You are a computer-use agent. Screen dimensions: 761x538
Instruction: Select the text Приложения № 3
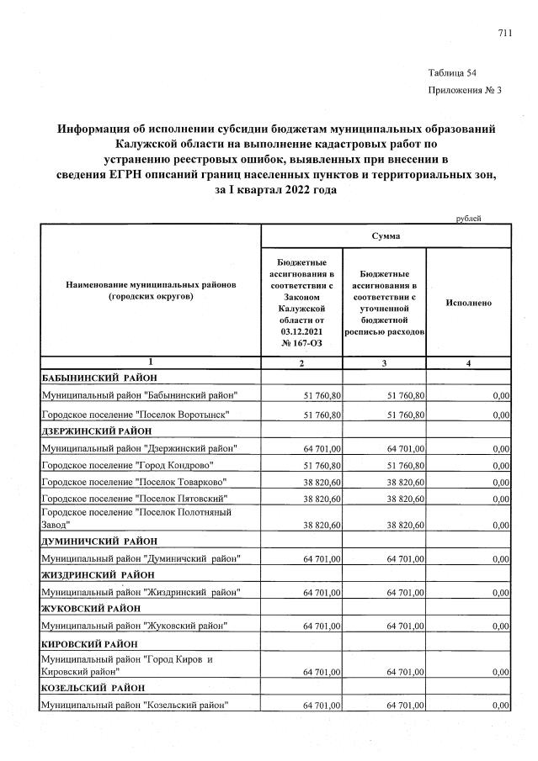click(464, 91)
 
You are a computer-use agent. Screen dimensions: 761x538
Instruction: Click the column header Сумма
click(386, 236)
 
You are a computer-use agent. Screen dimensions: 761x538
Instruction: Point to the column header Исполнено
click(468, 303)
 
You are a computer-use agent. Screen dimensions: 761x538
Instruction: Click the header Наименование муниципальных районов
click(151, 285)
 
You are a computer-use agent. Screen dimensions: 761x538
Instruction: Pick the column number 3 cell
click(385, 362)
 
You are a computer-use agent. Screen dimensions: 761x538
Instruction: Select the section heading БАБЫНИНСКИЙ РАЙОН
click(99, 378)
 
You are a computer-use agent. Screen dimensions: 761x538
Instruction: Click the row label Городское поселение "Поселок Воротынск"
click(136, 415)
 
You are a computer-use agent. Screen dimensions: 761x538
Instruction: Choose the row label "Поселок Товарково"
click(136, 482)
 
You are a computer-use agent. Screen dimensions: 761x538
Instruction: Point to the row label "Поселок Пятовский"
click(135, 499)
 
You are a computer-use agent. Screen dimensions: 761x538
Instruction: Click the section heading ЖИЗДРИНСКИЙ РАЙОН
click(99, 575)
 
